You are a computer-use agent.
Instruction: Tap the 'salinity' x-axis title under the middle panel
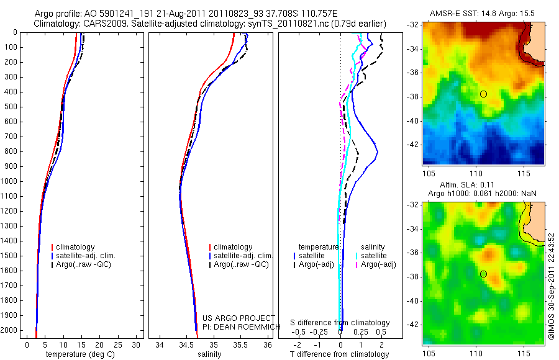tap(209, 354)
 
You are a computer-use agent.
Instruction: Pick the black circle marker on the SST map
tap(483, 94)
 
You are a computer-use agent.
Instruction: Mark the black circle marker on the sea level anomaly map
tap(483, 274)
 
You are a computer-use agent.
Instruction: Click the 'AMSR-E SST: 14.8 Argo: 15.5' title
tap(483, 12)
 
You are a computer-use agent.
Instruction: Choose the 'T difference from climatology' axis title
tap(339, 354)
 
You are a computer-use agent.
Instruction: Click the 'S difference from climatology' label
tap(340, 323)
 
